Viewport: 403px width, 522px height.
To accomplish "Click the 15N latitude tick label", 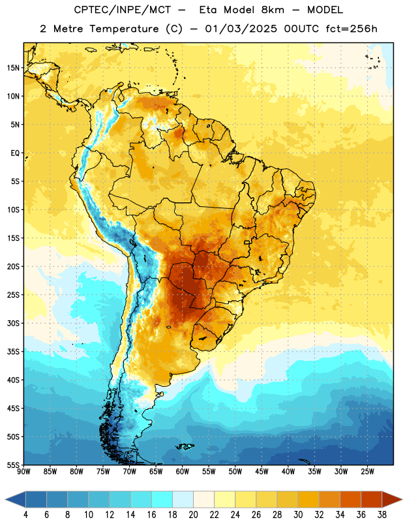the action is [x=13, y=68].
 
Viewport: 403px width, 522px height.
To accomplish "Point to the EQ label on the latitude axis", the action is [x=15, y=153].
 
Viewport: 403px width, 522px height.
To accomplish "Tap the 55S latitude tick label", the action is [x=13, y=465].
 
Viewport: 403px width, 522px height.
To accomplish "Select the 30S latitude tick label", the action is [x=13, y=323].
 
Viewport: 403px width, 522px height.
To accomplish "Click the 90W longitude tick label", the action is [x=23, y=472].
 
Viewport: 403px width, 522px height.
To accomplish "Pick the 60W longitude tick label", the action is [x=183, y=472].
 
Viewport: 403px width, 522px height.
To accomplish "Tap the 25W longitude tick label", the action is [x=367, y=472].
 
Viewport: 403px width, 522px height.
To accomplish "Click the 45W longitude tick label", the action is [x=261, y=472].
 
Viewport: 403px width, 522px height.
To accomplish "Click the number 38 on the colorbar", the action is [x=382, y=515].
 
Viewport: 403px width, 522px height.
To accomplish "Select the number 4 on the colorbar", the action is [x=25, y=515].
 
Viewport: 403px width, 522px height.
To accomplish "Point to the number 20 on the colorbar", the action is [x=193, y=515].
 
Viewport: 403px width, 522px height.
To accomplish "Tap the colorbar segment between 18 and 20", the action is [x=183, y=499].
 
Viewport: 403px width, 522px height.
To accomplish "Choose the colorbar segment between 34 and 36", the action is [x=350, y=499].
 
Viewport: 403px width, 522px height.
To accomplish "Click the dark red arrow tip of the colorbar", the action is [x=401, y=499].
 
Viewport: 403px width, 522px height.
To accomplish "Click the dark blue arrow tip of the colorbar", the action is [x=7, y=499].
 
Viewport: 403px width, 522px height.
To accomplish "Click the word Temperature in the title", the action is [x=124, y=29].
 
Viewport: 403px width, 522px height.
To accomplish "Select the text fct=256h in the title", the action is [x=351, y=29].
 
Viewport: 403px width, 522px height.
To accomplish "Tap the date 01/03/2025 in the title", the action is [x=241, y=29].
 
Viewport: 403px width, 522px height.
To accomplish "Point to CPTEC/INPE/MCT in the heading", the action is [x=123, y=10].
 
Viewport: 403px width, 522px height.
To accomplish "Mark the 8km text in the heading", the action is [x=273, y=10].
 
